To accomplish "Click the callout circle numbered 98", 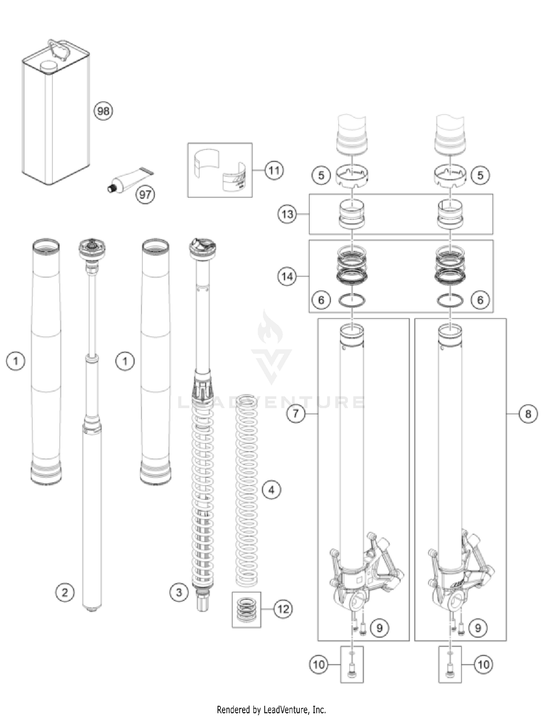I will pos(103,111).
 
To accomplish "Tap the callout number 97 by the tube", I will pos(145,195).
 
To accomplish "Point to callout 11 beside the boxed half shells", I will pos(274,170).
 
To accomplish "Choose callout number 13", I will pos(287,214).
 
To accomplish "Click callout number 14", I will pos(287,277).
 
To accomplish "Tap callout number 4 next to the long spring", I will pos(271,490).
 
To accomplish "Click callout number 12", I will pos(283,609).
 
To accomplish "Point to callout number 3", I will pos(179,593).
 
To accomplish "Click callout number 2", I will pos(65,593).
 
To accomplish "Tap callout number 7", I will pos(296,413).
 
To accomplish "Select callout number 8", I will pos(528,414).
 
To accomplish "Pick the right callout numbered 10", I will pos(484,664).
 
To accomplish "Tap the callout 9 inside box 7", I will pos(379,628).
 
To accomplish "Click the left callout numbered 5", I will pos(321,175).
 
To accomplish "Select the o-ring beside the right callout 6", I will pos(450,300).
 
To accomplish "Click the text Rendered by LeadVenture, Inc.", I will pos(271,709).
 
